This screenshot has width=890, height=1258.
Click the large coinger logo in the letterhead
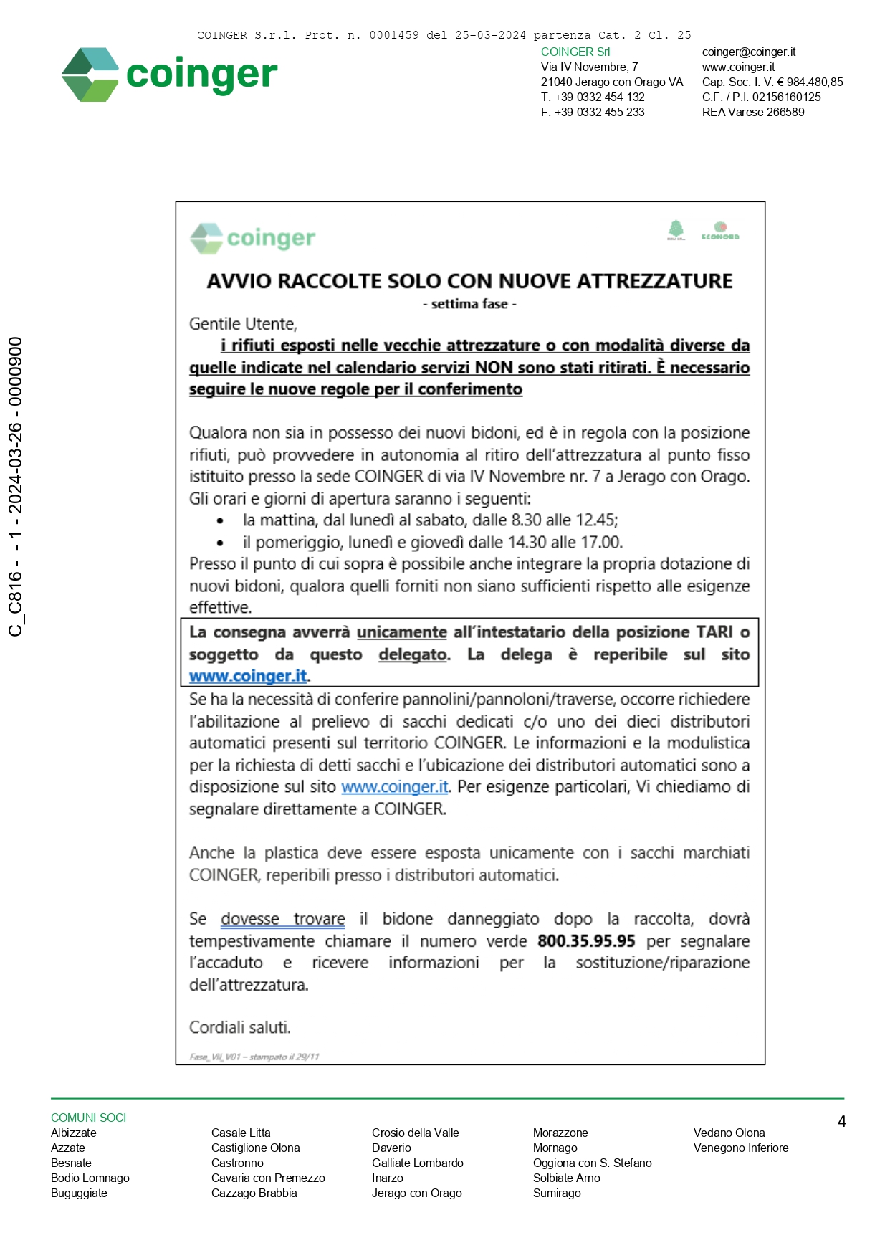[169, 75]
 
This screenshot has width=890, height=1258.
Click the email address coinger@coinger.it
[748, 52]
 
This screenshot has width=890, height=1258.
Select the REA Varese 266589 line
[752, 113]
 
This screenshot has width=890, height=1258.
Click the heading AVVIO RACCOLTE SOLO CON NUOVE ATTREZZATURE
[469, 281]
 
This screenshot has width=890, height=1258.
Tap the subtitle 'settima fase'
[469, 304]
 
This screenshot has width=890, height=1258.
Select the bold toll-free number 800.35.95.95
[586, 941]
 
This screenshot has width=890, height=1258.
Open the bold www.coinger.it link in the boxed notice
[248, 676]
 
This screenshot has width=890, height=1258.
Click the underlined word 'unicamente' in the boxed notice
[401, 632]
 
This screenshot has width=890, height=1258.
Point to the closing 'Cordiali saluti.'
[239, 1028]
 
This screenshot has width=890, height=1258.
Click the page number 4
[841, 1122]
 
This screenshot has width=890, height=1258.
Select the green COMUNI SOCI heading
[88, 1118]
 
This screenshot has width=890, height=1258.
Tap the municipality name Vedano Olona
[729, 1133]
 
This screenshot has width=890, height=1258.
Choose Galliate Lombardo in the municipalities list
[417, 1163]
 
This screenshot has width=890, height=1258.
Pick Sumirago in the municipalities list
[557, 1193]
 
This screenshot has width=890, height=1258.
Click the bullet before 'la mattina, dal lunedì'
[220, 521]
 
